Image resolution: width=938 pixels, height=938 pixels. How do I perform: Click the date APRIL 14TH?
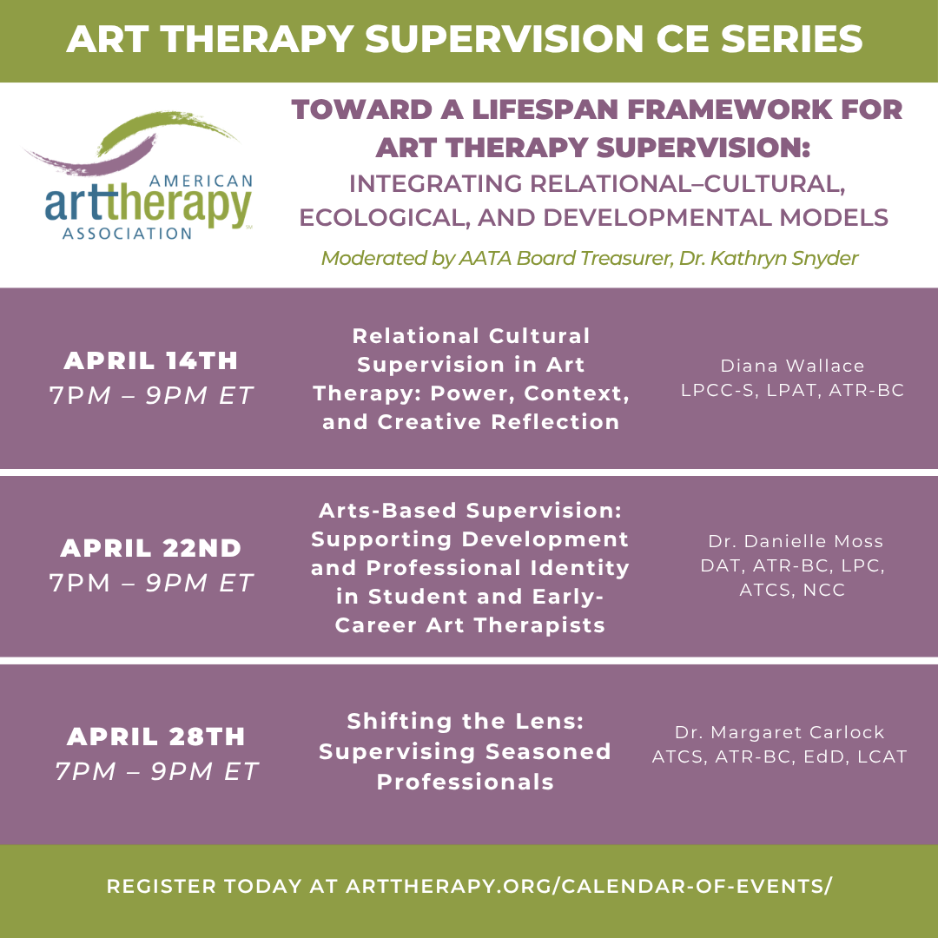(151, 360)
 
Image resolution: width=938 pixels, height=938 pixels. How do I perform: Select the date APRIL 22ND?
(151, 548)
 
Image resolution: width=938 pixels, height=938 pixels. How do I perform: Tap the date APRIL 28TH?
(156, 737)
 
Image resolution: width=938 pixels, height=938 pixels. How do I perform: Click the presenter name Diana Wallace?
(792, 366)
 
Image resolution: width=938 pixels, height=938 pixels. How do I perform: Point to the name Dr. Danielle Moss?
(796, 541)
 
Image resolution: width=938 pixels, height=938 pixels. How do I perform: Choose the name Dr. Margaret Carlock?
(779, 732)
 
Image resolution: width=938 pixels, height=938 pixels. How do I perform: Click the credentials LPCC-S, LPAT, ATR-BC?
(792, 390)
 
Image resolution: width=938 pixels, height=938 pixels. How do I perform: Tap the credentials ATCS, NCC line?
(792, 590)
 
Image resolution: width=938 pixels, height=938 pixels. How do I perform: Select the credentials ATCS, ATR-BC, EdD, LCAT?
(779, 756)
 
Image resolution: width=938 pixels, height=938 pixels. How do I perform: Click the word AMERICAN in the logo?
(201, 182)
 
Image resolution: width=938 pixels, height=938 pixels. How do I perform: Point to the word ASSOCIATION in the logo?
(127, 234)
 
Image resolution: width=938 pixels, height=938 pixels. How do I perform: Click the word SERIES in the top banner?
(791, 39)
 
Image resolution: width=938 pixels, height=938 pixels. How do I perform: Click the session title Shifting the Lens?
(465, 721)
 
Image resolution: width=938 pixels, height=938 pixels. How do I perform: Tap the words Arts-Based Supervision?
(470, 511)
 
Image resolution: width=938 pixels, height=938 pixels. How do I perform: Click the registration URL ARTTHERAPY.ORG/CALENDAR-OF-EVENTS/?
(589, 886)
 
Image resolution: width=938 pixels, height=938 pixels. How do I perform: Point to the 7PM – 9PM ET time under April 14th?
(151, 395)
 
